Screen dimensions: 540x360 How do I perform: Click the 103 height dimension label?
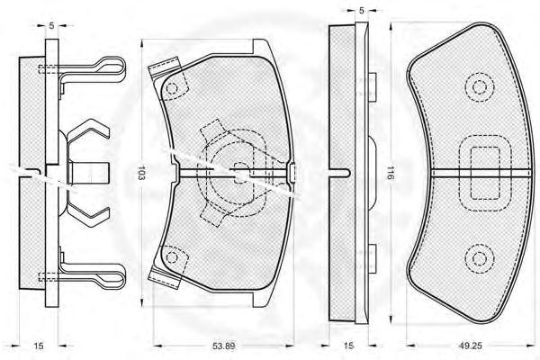click(141, 173)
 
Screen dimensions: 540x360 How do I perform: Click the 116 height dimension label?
click(391, 173)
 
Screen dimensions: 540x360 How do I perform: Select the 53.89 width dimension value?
click(223, 346)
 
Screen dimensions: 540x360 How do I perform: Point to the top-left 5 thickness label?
click(51, 25)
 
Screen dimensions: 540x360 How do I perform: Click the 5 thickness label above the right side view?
click(361, 11)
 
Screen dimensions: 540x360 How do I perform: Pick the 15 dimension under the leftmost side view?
click(39, 346)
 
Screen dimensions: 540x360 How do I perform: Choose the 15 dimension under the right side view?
click(348, 346)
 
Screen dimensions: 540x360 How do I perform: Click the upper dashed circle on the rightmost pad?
click(480, 86)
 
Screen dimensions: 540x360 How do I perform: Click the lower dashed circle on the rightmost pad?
click(480, 258)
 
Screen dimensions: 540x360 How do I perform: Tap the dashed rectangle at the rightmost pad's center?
click(485, 173)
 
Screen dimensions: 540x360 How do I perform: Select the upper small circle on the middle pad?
click(172, 88)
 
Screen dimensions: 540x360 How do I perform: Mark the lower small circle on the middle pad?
click(172, 256)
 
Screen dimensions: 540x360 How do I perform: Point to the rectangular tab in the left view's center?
click(89, 173)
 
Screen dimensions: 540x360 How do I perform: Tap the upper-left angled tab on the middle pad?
click(164, 67)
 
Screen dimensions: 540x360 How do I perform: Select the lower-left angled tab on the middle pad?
click(164, 278)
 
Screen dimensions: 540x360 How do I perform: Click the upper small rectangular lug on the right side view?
click(373, 87)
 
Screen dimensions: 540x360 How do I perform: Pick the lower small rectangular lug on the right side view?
click(373, 258)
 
